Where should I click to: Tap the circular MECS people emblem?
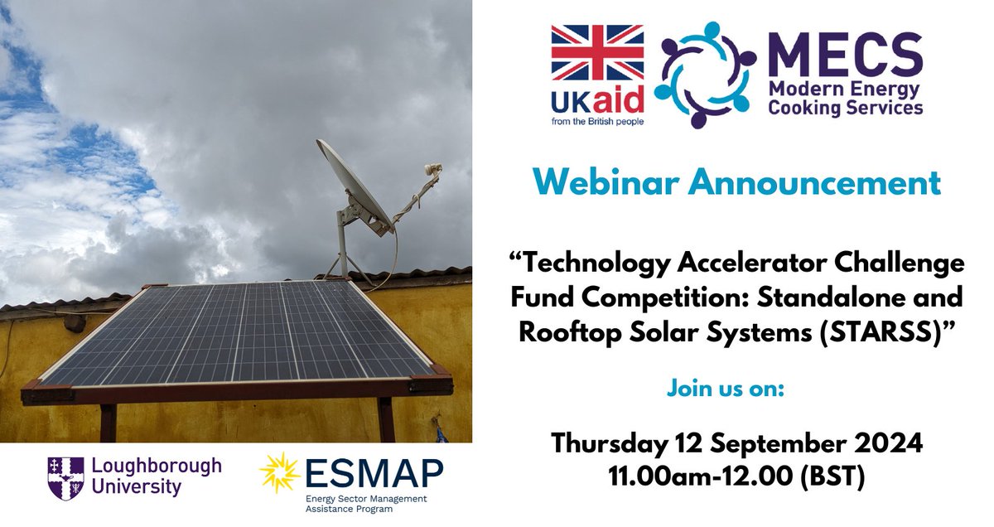point(705,75)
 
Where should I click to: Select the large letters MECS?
point(845,56)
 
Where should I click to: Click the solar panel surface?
point(240,331)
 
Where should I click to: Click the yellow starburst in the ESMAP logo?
point(278,473)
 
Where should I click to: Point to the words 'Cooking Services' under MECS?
point(845,108)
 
